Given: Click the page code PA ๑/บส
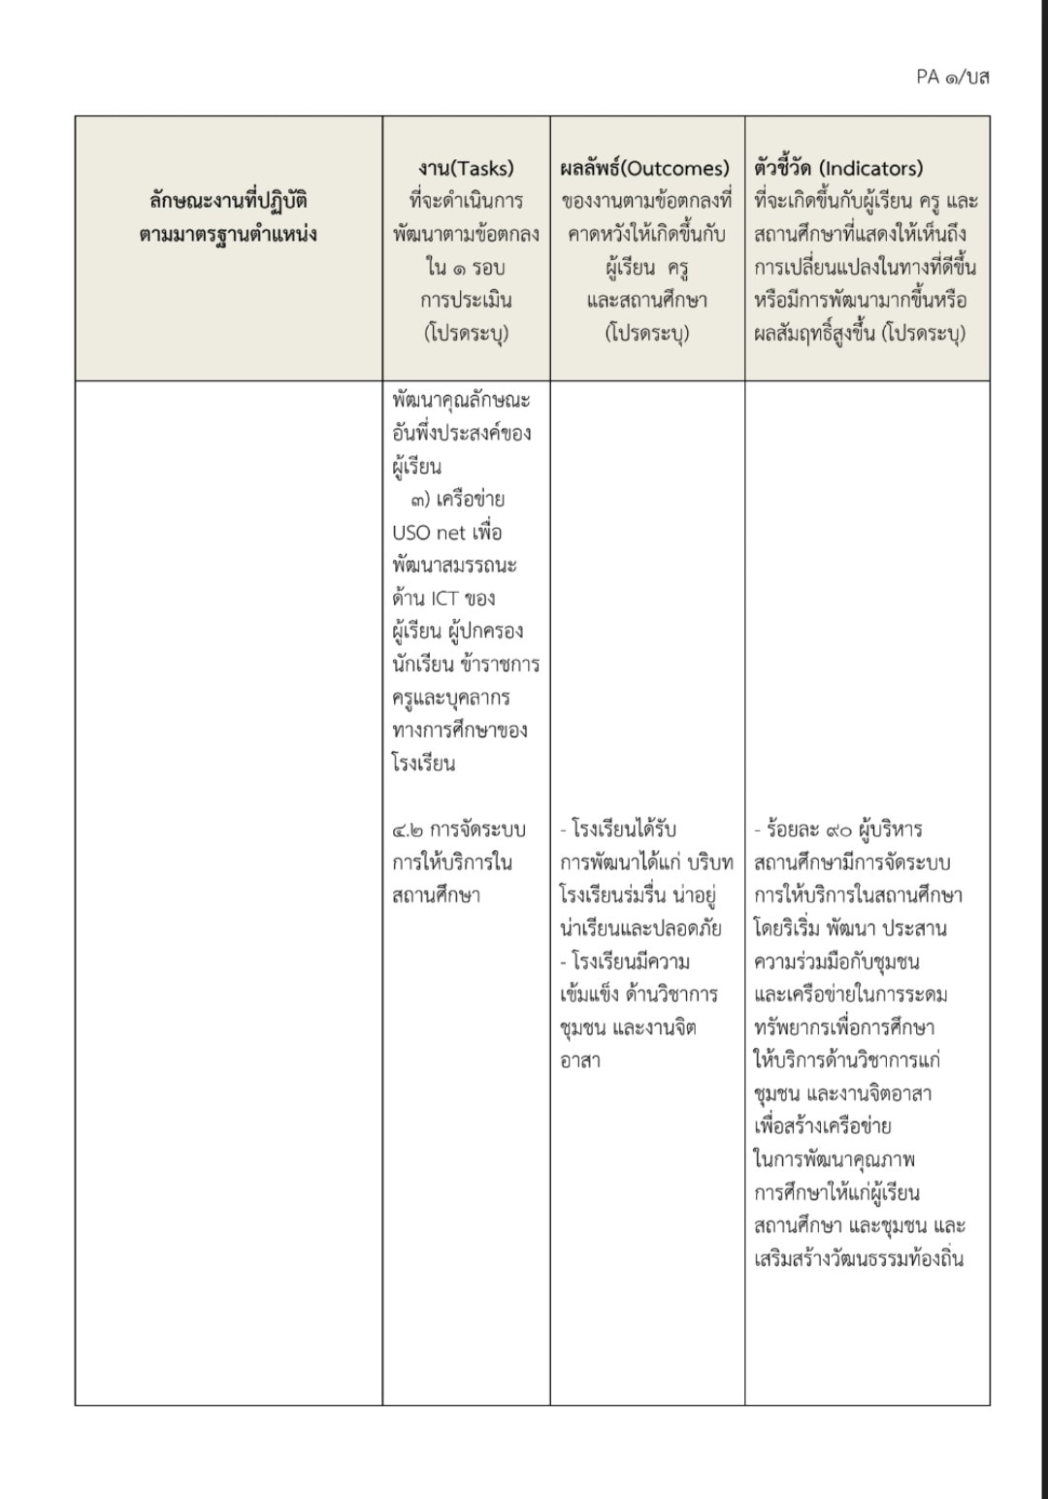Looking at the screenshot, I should pyautogui.click(x=952, y=77).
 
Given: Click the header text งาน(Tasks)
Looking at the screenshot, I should pyautogui.click(x=467, y=168).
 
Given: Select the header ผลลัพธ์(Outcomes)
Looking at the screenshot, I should pyautogui.click(x=645, y=168).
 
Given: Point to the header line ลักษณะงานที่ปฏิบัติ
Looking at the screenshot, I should pyautogui.click(x=229, y=201).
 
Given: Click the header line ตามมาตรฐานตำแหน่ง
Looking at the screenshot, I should pyautogui.click(x=229, y=234).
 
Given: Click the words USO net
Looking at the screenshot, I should pyautogui.click(x=429, y=533).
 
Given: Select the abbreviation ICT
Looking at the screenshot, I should pyautogui.click(x=444, y=599).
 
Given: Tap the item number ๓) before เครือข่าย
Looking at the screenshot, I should pyautogui.click(x=420, y=500).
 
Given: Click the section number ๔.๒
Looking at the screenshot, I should pyautogui.click(x=407, y=830).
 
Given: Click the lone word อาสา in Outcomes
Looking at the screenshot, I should pyautogui.click(x=580, y=1060).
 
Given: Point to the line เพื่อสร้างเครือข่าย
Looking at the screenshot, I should pyautogui.click(x=822, y=1126).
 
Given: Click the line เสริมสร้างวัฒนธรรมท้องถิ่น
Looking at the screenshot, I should pyautogui.click(x=859, y=1258).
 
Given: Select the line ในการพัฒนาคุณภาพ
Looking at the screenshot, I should pyautogui.click(x=835, y=1159).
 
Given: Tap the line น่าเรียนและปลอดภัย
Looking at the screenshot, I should pyautogui.click(x=640, y=929).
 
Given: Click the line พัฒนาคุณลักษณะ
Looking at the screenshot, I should pyautogui.click(x=462, y=400).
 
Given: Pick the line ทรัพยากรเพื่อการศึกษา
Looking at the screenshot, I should pyautogui.click(x=844, y=1027).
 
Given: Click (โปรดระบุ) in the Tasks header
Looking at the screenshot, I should pyautogui.click(x=467, y=333).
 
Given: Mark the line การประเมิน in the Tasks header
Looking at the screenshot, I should pyautogui.click(x=467, y=300).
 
